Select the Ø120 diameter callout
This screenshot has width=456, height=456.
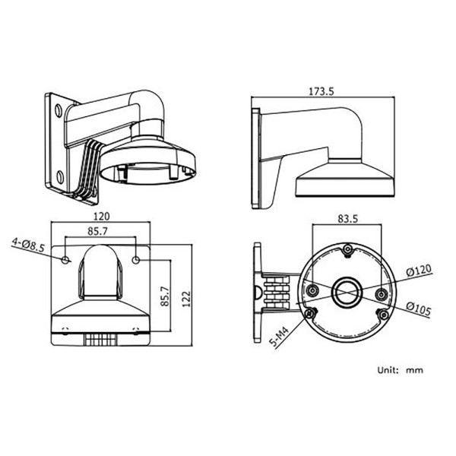[x=420, y=271]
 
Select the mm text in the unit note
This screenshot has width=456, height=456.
[x=414, y=371]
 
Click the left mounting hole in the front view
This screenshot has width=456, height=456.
[x=66, y=261]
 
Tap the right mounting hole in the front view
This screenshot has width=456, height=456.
[x=136, y=261]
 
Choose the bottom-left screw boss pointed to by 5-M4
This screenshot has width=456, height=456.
[x=309, y=313]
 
